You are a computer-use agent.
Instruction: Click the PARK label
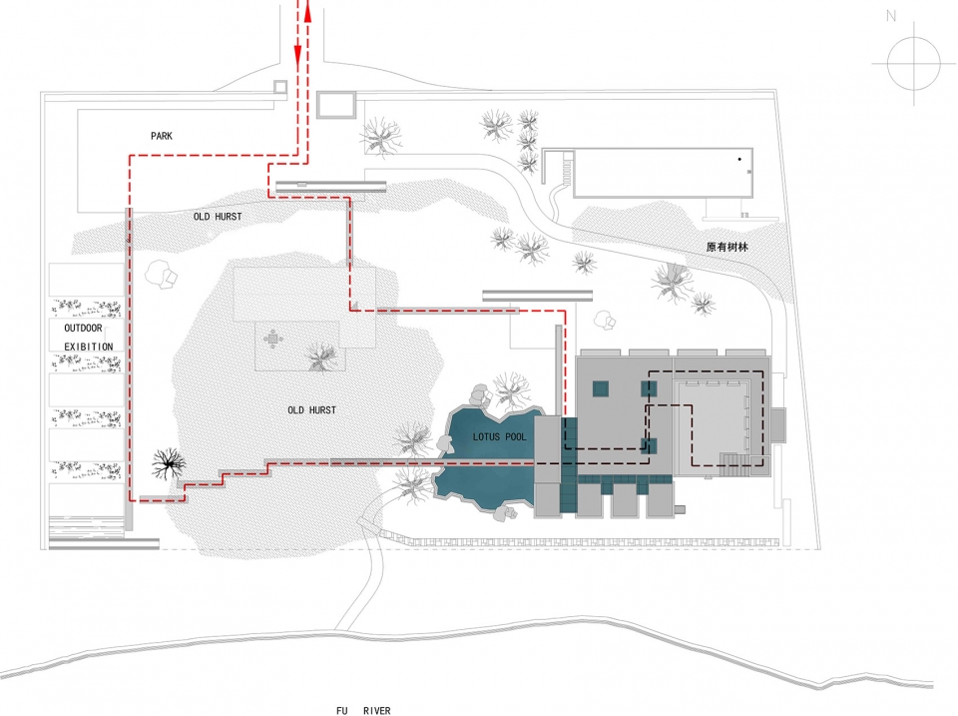pos(162,136)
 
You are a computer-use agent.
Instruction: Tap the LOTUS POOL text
pos(499,436)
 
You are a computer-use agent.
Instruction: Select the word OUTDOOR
pos(83,329)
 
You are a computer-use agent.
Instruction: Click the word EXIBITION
pos(89,347)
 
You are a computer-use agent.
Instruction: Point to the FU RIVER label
pos(363,710)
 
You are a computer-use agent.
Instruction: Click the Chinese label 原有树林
pos(727,247)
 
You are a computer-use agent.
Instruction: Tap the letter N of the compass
pos(891,16)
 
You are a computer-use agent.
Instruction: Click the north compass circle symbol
pos(914,63)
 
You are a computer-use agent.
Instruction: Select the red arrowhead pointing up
pos(307,12)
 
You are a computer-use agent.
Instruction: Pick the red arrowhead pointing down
pos(298,56)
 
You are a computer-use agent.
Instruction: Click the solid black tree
pos(168,463)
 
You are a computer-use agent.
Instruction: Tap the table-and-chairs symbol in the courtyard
pos(272,339)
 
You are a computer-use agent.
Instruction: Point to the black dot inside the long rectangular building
pos(739,159)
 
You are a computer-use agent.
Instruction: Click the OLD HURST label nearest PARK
pos(218,217)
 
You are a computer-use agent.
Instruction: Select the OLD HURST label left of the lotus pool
pos(311,409)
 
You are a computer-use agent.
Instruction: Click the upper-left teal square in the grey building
pos(600,388)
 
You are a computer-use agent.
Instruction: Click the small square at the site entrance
pos(279,87)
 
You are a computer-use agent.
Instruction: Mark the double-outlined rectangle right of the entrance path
pos(336,105)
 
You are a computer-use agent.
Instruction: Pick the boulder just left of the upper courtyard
pos(162,274)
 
